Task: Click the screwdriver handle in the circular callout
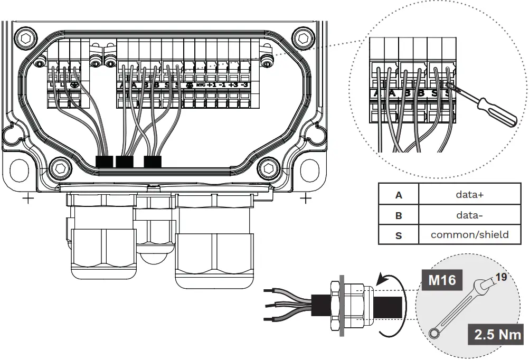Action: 495,111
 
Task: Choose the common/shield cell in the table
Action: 470,234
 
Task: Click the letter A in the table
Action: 399,195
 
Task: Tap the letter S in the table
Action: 399,235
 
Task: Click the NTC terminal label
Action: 200,85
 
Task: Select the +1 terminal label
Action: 212,85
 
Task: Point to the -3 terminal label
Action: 244,85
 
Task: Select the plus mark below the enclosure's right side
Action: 305,199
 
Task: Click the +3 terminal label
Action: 233,85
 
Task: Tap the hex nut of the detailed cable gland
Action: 334,306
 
